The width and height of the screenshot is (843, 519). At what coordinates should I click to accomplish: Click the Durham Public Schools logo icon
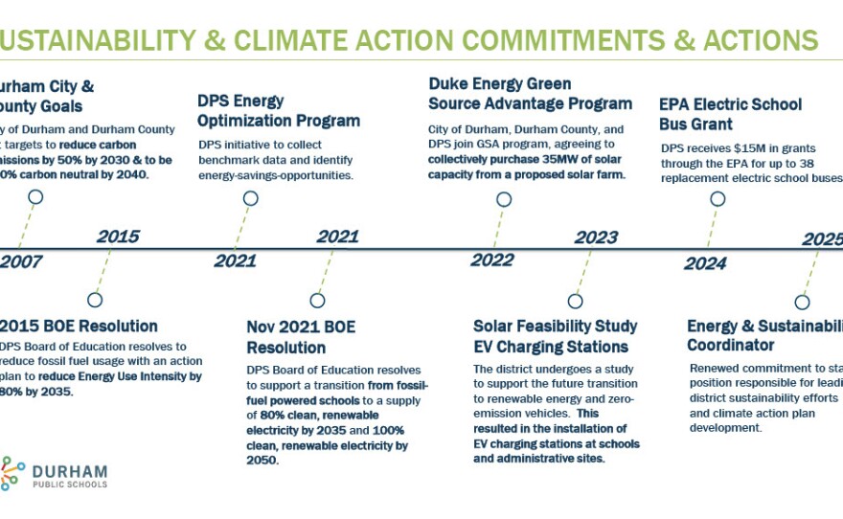tap(11, 473)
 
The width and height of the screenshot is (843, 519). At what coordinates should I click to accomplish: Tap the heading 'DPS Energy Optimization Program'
tap(278, 110)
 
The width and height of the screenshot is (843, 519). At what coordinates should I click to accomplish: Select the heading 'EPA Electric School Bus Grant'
tap(730, 113)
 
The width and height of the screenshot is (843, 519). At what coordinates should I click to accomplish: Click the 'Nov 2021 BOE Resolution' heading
tap(301, 336)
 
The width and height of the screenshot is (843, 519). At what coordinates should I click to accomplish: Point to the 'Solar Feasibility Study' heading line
tap(557, 327)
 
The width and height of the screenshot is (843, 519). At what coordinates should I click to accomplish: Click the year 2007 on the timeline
tap(21, 261)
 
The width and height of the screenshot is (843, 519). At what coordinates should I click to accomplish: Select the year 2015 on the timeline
tap(118, 237)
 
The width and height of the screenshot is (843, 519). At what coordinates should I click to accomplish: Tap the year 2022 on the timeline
tap(492, 260)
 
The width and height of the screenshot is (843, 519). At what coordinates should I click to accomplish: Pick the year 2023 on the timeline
tap(596, 237)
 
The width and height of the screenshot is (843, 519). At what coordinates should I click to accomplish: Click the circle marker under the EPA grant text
tap(717, 198)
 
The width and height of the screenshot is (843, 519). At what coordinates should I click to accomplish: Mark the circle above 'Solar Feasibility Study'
tap(575, 301)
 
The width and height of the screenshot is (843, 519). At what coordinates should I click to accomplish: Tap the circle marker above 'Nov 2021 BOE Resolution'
tap(317, 301)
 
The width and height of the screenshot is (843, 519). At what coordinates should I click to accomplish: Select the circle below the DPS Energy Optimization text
tap(250, 198)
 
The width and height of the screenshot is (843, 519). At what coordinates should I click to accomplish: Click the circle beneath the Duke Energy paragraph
tap(504, 198)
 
